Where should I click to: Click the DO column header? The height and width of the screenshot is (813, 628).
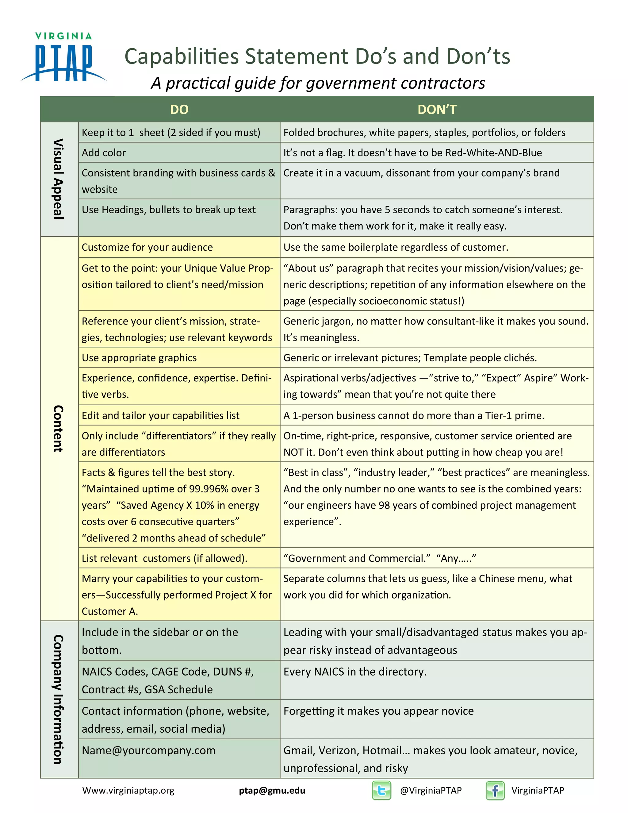179,110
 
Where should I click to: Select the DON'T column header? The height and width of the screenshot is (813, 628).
437,110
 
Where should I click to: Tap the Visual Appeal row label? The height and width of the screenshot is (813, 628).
59,179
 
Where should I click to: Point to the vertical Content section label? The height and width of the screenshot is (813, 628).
59,429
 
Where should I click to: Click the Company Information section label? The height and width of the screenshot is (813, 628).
59,699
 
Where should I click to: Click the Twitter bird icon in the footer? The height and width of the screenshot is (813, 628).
381,790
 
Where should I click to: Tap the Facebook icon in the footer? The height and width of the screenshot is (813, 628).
495,790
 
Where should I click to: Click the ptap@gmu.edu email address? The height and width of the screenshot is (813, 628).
272,790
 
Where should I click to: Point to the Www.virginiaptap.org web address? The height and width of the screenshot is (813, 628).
128,790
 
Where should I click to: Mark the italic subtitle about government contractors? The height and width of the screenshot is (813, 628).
318,83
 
